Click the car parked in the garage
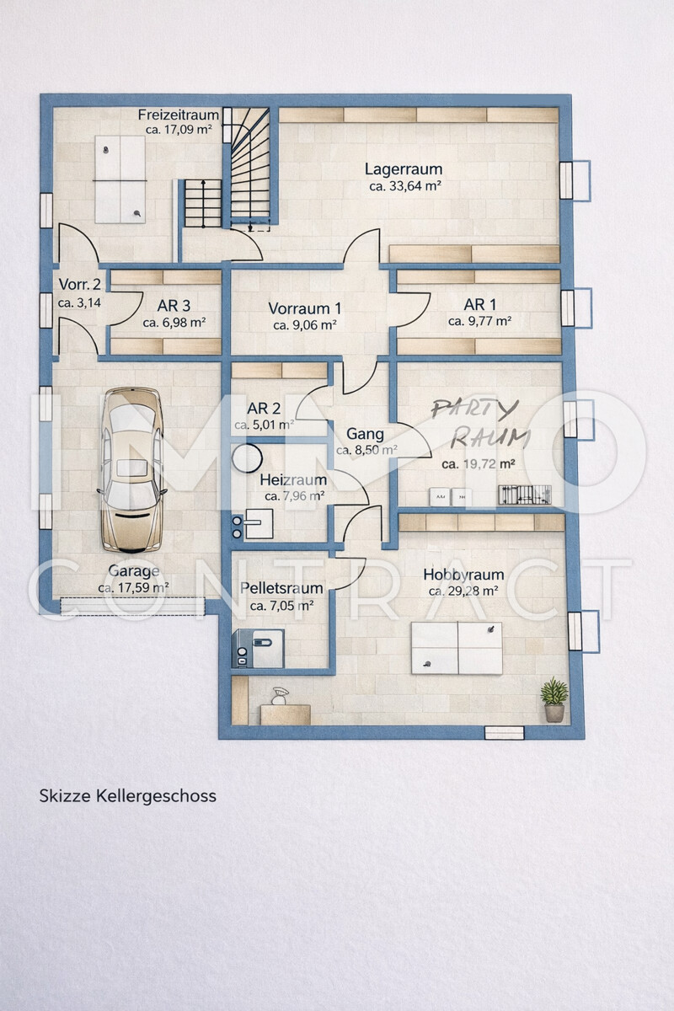coord(131,468)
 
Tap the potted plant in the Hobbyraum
coord(554,699)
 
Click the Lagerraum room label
coord(404,169)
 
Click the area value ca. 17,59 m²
coord(133,587)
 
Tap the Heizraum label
coord(293,479)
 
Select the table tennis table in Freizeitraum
coord(120,179)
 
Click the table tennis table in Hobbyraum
coord(457,648)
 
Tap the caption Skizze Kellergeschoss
coord(127,795)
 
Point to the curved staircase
coord(250,168)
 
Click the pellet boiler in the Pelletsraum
coord(259,649)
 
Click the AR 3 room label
coord(174,306)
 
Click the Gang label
coord(365,435)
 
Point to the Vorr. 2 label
coord(79,285)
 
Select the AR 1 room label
coord(479,304)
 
